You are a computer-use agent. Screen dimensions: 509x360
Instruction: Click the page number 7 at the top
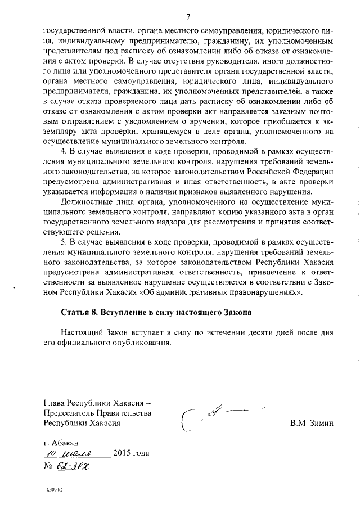pos(188,17)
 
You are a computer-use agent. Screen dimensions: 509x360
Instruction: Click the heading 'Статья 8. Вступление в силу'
pos(156,312)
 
